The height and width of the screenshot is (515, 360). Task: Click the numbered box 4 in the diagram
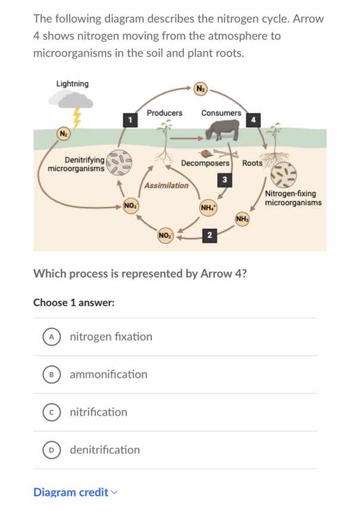(x=253, y=120)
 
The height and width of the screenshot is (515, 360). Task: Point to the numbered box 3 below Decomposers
(x=224, y=180)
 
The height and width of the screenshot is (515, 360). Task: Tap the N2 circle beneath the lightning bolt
(x=63, y=133)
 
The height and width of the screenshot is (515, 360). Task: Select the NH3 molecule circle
(x=242, y=219)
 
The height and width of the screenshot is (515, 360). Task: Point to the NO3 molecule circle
(x=130, y=206)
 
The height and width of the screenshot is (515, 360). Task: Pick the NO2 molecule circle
(x=165, y=235)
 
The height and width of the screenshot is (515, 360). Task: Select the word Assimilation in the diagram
(x=167, y=186)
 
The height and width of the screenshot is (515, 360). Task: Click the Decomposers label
(x=205, y=163)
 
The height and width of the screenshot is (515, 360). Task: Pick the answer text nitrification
(x=98, y=412)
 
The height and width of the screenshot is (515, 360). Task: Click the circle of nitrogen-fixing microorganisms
(x=283, y=174)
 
